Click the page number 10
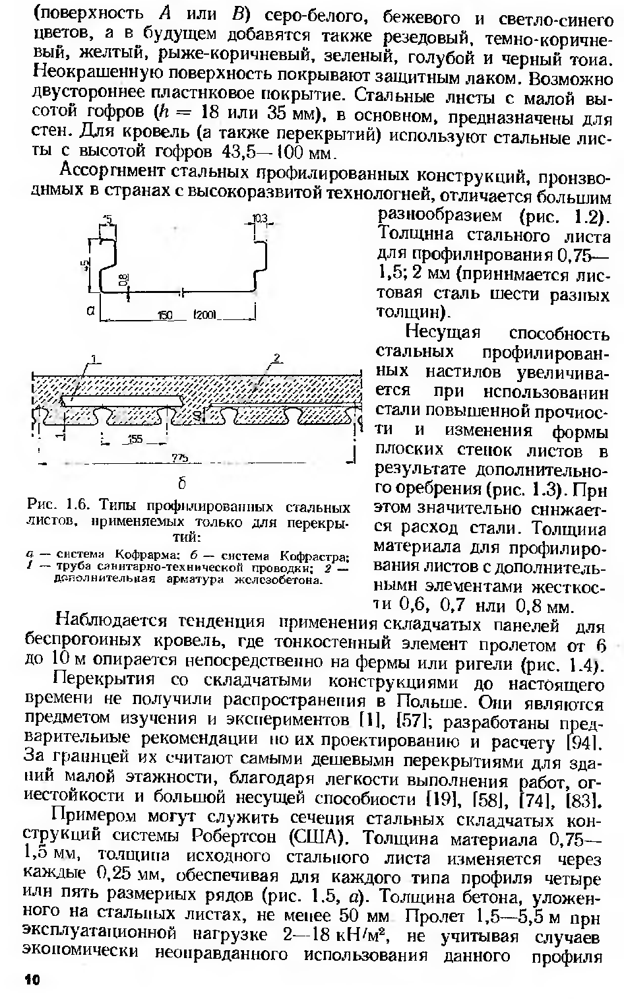[32, 980]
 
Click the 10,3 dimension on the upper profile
[259, 218]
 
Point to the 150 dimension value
[164, 315]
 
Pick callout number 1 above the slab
[94, 359]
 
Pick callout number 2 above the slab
[277, 358]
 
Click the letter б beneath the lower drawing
[180, 484]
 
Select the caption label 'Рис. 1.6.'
[58, 507]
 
